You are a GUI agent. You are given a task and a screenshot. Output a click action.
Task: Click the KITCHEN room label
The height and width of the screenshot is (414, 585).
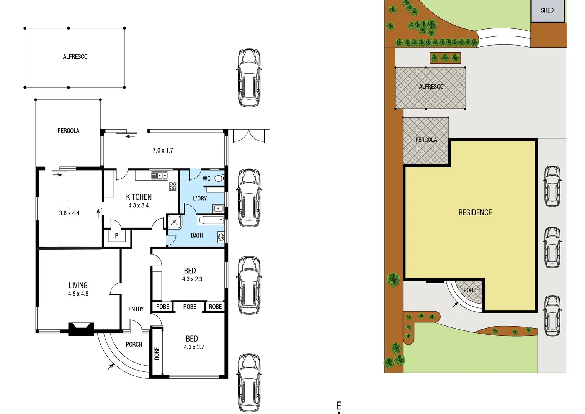(x=139, y=197)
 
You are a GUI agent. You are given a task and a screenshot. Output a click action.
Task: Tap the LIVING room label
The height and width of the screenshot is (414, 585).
(x=78, y=285)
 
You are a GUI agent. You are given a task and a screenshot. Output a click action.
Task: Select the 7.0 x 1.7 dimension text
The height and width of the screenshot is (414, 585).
(x=163, y=151)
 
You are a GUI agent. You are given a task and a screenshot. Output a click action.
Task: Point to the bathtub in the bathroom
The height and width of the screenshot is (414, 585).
(x=211, y=220)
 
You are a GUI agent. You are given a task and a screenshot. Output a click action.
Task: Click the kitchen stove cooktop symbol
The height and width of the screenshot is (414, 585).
(x=173, y=186)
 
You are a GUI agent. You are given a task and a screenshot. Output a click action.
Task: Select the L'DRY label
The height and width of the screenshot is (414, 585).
(x=199, y=199)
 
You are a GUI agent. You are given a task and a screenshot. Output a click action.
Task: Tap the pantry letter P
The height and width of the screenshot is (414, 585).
(x=116, y=236)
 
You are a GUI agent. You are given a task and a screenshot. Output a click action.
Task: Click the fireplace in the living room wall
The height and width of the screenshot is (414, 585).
(x=81, y=329)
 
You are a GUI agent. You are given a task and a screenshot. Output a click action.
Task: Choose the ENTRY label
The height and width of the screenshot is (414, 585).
(x=136, y=309)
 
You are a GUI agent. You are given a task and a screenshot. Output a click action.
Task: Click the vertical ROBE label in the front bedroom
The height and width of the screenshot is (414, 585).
(x=157, y=353)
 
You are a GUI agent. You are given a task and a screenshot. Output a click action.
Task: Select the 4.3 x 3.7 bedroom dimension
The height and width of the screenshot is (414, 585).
(x=194, y=347)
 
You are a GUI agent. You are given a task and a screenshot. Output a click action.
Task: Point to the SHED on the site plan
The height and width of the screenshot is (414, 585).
(x=547, y=10)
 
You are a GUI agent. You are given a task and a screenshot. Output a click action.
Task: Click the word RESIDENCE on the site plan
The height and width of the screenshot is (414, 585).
(x=475, y=212)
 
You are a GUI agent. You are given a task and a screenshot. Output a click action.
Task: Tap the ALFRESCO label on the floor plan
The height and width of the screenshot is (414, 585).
(x=75, y=57)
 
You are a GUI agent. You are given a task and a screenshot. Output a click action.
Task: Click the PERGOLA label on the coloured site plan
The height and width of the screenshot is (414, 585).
(x=426, y=140)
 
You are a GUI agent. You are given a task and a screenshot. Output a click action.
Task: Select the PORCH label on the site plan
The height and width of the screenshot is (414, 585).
(x=471, y=290)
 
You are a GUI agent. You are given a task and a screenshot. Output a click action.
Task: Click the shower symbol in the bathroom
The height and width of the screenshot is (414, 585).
(x=175, y=222)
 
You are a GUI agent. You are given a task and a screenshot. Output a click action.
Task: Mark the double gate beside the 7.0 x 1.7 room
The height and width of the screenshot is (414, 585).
(x=248, y=136)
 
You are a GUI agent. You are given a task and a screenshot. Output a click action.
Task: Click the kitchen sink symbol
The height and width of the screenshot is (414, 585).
(x=160, y=176)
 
